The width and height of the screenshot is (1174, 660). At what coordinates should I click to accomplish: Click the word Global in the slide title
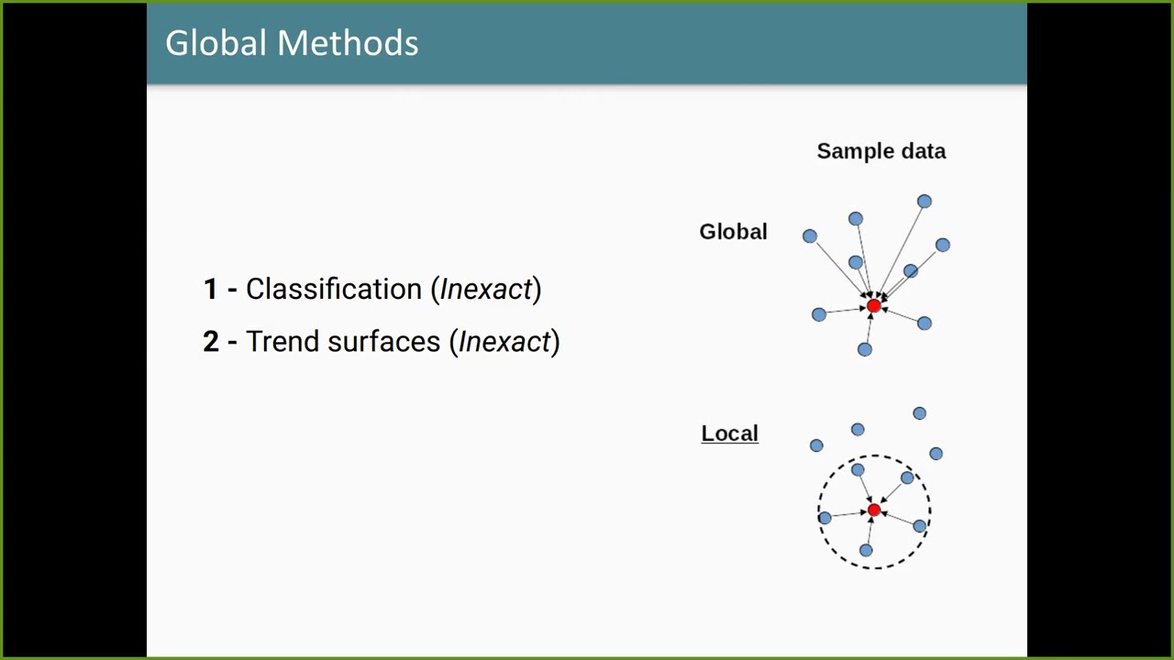click(x=216, y=43)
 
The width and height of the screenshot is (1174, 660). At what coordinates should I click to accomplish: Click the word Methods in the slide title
click(x=348, y=43)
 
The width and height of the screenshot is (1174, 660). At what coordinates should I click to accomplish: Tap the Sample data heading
click(x=880, y=151)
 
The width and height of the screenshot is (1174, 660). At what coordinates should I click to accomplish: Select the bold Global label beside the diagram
click(x=733, y=232)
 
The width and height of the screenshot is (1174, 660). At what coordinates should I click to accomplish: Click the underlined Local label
click(x=729, y=434)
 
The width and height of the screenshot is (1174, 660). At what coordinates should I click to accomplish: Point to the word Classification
click(x=334, y=289)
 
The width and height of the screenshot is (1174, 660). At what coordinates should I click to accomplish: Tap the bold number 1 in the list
click(x=211, y=290)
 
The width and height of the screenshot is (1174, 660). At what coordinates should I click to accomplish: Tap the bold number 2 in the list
click(x=211, y=342)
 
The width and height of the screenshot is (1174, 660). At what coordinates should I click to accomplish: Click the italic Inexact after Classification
click(x=486, y=289)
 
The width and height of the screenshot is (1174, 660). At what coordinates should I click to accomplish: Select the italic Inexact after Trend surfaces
click(x=504, y=341)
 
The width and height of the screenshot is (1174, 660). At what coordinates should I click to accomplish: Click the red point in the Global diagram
click(x=873, y=306)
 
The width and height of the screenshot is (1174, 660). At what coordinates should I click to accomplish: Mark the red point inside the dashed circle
click(x=873, y=511)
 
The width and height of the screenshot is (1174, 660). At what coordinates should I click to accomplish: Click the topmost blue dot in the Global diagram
click(x=924, y=202)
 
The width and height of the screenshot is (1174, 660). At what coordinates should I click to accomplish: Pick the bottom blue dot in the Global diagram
click(x=864, y=349)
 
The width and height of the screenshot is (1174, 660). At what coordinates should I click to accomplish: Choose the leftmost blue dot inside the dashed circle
click(x=825, y=519)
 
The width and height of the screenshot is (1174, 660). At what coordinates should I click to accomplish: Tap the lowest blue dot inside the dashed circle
click(x=866, y=550)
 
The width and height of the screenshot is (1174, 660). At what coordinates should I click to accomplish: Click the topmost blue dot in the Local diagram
click(x=919, y=413)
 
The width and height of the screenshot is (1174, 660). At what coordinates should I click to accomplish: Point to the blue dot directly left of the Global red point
click(x=819, y=314)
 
